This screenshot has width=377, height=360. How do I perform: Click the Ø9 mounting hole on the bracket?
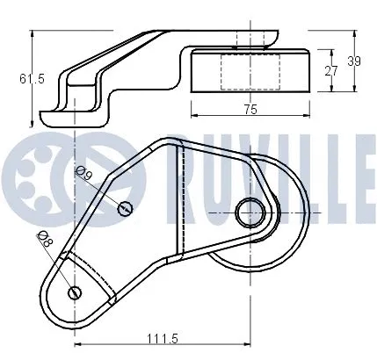click(x=127, y=207)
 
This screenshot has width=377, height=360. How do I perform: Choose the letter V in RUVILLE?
click(x=265, y=167)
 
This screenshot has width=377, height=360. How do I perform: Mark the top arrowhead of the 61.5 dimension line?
click(x=33, y=32)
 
